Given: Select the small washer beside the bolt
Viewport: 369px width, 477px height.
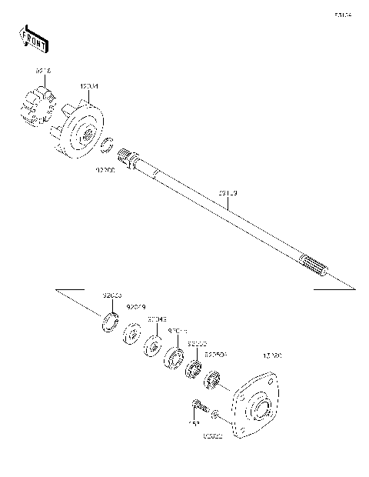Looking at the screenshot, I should click(217, 416).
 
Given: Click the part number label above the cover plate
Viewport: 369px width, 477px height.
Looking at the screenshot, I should click(272, 357).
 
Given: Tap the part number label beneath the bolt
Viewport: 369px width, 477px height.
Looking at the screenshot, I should click(195, 425).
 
